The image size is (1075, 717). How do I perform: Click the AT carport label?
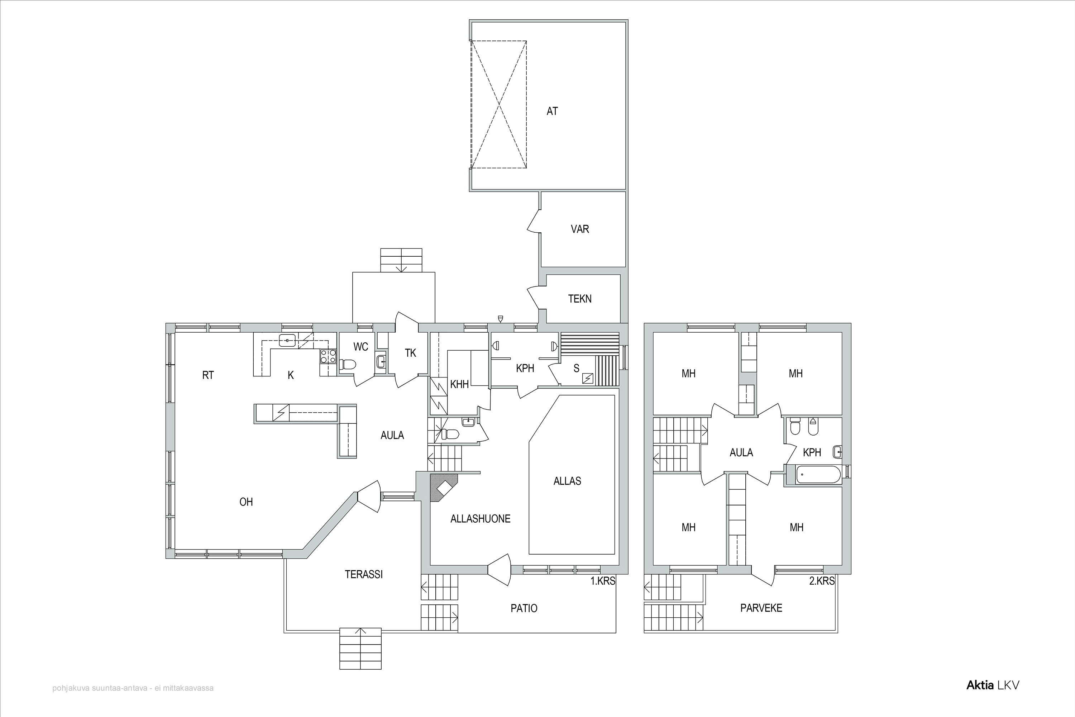click(x=552, y=111)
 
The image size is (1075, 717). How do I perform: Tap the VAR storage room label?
click(x=579, y=229)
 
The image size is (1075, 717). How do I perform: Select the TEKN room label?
click(x=579, y=299)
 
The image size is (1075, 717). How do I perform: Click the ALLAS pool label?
click(x=567, y=481)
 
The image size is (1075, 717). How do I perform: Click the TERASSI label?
click(x=364, y=575)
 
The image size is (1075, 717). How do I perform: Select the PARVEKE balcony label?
click(x=761, y=608)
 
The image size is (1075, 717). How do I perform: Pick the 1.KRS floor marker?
click(x=603, y=581)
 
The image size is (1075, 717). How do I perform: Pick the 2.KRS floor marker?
click(x=822, y=581)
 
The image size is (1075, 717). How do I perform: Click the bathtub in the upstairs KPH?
click(x=818, y=475)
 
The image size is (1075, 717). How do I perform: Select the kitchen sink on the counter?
click(x=287, y=341)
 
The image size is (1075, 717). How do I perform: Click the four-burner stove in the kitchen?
click(x=327, y=356)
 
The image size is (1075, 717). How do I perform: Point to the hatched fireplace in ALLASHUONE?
click(x=443, y=488)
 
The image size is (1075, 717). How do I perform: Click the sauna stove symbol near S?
click(x=587, y=378)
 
